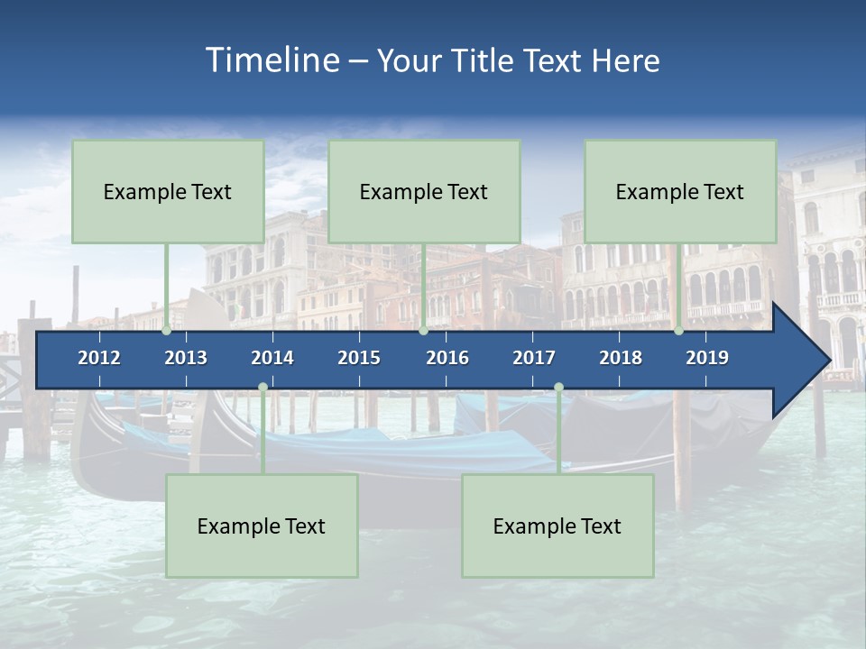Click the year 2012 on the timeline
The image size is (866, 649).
pyautogui.click(x=99, y=358)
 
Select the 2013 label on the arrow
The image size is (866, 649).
pyautogui.click(x=186, y=358)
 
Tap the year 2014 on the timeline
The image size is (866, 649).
pyautogui.click(x=272, y=358)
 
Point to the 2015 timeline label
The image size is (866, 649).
pyautogui.click(x=359, y=358)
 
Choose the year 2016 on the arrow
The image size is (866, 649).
pyautogui.click(x=447, y=358)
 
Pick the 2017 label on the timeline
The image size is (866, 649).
pyautogui.click(x=534, y=358)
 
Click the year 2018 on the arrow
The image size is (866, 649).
pyautogui.click(x=621, y=358)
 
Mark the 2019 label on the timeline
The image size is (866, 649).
pyautogui.click(x=707, y=358)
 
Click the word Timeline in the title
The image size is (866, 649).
pyautogui.click(x=272, y=60)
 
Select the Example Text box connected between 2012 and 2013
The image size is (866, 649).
pyautogui.click(x=168, y=191)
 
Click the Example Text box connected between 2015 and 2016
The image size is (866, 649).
pyautogui.click(x=424, y=191)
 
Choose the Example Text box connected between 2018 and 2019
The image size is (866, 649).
pyautogui.click(x=680, y=191)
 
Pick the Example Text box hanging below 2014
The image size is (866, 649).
pyautogui.click(x=262, y=526)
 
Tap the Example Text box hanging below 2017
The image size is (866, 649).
pyautogui.click(x=557, y=526)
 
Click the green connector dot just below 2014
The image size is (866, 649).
pyautogui.click(x=263, y=388)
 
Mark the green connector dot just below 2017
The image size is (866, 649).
pyautogui.click(x=558, y=388)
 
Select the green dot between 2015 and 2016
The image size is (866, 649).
pyautogui.click(x=423, y=331)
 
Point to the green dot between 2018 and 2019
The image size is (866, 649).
pyautogui.click(x=678, y=331)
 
